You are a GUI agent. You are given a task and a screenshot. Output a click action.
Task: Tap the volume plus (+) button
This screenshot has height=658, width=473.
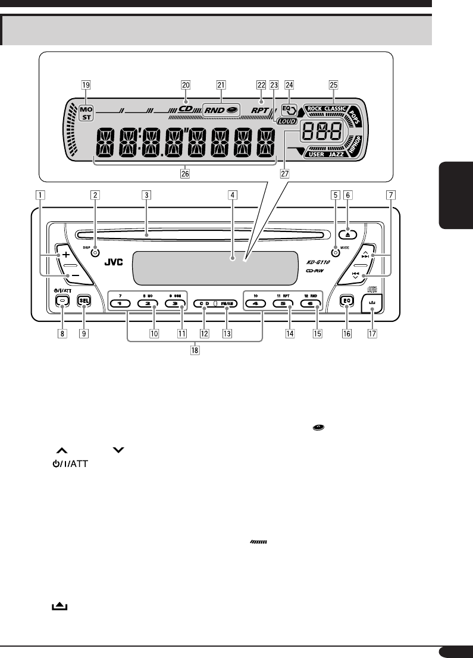click(65, 255)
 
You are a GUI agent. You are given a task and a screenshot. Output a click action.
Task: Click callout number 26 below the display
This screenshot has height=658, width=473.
click(185, 176)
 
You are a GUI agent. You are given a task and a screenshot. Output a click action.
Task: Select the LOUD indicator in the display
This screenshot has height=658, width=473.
click(286, 121)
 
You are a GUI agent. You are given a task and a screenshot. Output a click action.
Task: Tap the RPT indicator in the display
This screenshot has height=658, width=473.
click(260, 109)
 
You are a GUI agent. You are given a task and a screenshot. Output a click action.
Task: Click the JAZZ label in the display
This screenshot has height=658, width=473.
click(337, 154)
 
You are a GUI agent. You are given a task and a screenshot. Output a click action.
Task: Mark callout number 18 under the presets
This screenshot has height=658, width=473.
click(195, 350)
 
